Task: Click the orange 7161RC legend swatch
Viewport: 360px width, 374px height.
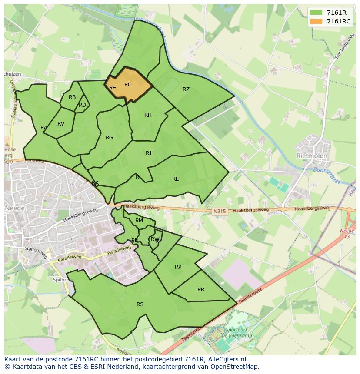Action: click(x=317, y=21)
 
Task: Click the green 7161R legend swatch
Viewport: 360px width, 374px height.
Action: click(x=317, y=13)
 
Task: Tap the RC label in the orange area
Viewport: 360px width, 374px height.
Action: click(x=128, y=85)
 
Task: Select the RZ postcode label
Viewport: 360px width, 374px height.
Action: click(x=186, y=89)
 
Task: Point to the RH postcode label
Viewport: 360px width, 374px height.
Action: click(x=148, y=115)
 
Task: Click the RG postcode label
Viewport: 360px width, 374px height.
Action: click(x=109, y=138)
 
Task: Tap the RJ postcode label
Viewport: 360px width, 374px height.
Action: click(x=148, y=153)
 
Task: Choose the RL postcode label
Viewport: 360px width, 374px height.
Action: click(x=175, y=179)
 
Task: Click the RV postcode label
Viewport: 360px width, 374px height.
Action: click(x=61, y=124)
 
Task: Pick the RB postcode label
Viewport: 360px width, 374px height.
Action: click(x=72, y=97)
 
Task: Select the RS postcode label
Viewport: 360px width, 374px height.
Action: click(x=140, y=304)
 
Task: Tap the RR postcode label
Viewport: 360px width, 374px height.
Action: click(x=200, y=290)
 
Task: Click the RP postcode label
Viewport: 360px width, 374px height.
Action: click(x=178, y=267)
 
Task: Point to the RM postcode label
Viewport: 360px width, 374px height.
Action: click(x=139, y=221)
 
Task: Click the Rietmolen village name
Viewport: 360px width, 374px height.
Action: click(x=311, y=155)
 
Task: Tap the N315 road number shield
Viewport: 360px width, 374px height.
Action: click(x=220, y=212)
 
